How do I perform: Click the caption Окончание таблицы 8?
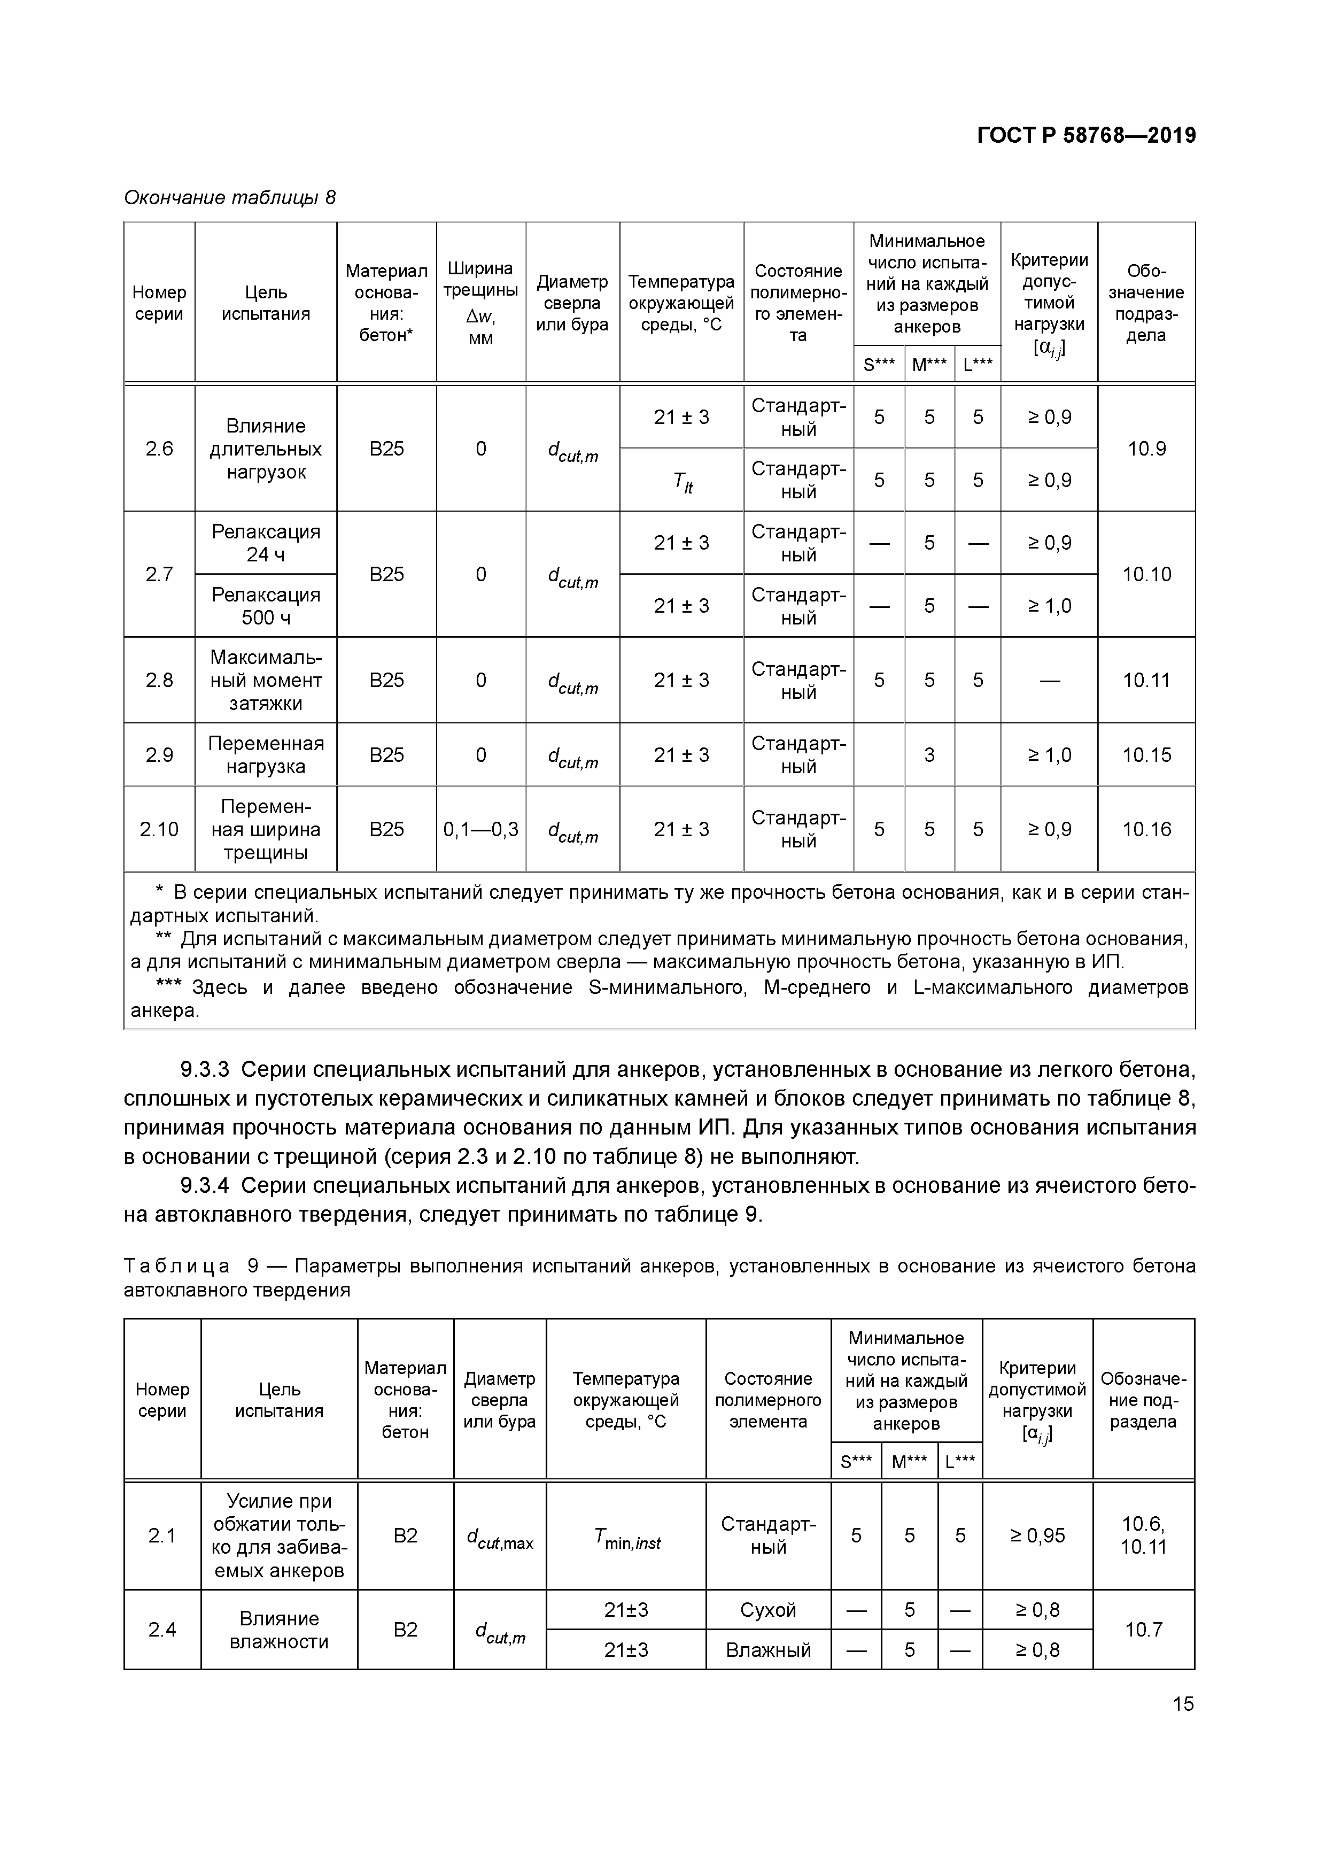click(x=229, y=198)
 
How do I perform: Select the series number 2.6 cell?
click(x=159, y=449)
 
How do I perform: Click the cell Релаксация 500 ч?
click(x=266, y=606)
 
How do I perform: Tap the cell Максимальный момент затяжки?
click(x=266, y=680)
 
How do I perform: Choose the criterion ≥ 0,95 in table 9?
click(x=1037, y=1536)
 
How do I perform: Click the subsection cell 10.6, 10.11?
click(x=1143, y=1536)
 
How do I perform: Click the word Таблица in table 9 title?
click(x=176, y=1266)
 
